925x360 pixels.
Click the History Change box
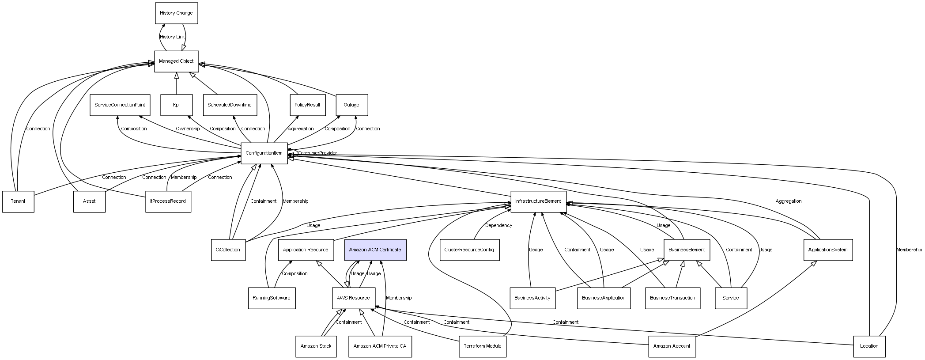[176, 13]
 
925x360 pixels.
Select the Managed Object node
[176, 61]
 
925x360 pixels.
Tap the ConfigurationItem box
[264, 153]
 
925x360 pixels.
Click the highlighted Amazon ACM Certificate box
[375, 250]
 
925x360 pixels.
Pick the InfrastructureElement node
[538, 201]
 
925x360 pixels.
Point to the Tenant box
[18, 201]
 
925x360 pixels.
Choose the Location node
[869, 346]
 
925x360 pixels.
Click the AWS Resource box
[353, 298]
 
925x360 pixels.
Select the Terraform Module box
[482, 346]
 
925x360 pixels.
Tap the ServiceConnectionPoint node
[120, 105]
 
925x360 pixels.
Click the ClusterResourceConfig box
[469, 250]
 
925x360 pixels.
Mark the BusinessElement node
[687, 250]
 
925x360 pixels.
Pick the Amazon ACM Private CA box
[380, 346]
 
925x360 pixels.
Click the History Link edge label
[172, 37]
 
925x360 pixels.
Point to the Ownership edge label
[188, 129]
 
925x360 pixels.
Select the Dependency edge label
[498, 226]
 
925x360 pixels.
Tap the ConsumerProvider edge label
[317, 153]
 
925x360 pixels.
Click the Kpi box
[176, 105]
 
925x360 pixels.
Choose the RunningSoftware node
[272, 298]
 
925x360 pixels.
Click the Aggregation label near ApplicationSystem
[788, 201]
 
